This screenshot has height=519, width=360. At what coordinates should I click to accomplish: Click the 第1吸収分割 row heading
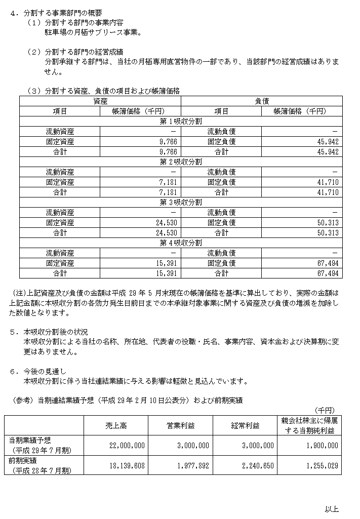(x=181, y=121)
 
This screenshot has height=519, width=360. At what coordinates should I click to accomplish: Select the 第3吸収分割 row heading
(x=181, y=202)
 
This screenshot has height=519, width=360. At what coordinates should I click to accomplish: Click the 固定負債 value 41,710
(x=328, y=182)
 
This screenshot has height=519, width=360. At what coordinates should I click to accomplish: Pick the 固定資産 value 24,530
(x=165, y=222)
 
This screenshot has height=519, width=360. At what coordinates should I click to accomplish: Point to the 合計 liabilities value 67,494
(x=328, y=273)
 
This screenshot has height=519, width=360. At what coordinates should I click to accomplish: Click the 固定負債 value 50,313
(x=328, y=222)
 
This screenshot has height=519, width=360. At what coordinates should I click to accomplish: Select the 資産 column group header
(x=100, y=101)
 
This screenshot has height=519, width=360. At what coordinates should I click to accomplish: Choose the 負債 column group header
(x=262, y=101)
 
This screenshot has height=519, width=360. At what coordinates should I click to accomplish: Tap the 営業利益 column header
(x=180, y=426)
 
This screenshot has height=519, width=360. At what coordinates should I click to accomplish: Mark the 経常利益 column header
(x=245, y=426)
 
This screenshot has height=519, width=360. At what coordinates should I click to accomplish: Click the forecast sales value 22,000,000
(x=127, y=446)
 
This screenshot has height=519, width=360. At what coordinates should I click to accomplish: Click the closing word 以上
(x=332, y=509)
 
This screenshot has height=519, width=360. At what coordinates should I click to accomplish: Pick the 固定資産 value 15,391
(x=165, y=263)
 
